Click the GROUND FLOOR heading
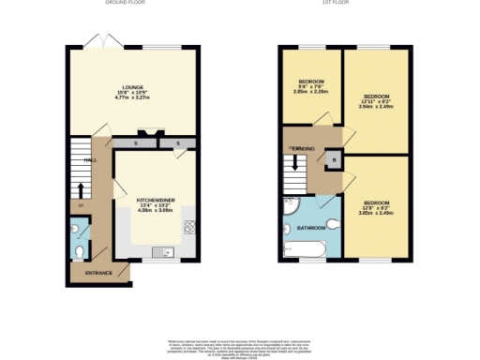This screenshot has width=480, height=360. coord(125,3)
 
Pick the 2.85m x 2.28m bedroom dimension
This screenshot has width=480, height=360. coord(311,92)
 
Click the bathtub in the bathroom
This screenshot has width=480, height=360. coord(304,249)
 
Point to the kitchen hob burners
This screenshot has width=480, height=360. coord(188,226)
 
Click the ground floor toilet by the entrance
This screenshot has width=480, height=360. coord(79,251)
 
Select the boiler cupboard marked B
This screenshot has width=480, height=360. coord(335,161)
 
